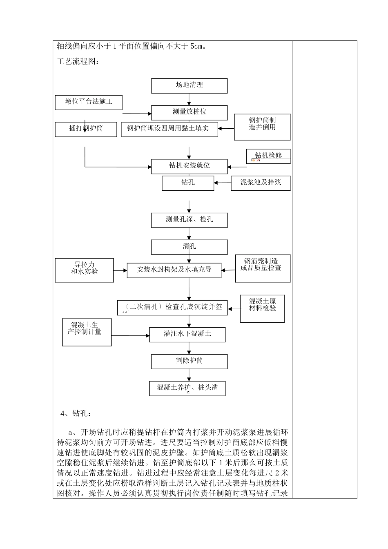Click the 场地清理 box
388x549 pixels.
tap(189, 85)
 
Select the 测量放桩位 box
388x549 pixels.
tap(189, 112)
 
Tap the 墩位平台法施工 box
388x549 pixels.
tap(89, 102)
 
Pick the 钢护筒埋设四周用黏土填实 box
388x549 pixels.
tap(169, 129)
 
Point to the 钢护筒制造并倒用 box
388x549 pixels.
tap(262, 127)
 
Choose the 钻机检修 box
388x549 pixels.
tap(268, 156)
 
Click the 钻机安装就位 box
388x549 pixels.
tap(189, 166)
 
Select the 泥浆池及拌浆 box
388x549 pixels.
tap(261, 183)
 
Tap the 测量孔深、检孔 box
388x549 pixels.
tap(189, 220)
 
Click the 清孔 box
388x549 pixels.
tap(189, 247)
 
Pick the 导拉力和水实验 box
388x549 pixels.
tap(85, 270)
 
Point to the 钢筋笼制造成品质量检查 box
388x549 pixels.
tap(263, 268)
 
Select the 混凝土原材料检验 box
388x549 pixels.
tap(262, 308)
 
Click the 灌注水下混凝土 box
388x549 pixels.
tap(187, 334)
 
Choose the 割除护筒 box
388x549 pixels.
tap(189, 361)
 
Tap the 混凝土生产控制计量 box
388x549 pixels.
tap(87, 332)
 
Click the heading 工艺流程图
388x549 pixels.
tap(78, 62)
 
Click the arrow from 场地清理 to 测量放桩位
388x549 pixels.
tap(189, 99)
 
